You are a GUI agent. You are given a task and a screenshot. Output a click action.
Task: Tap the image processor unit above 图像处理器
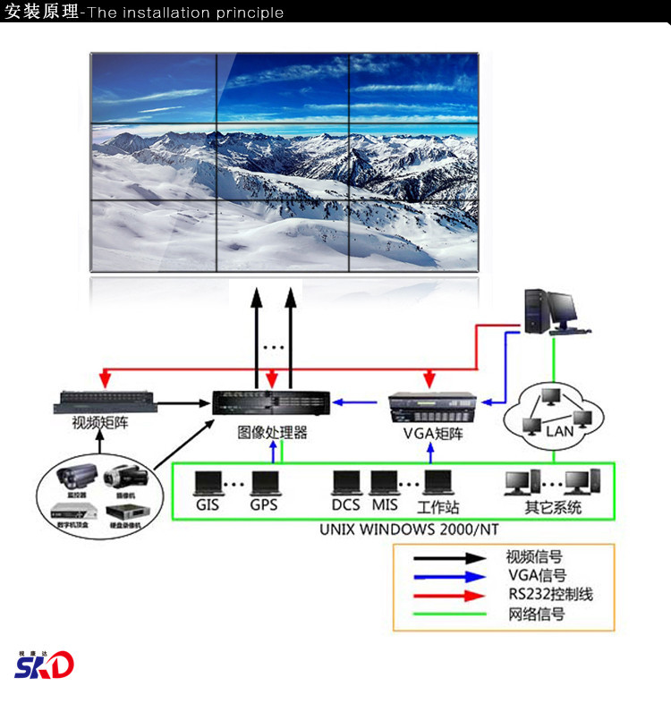point(272,403)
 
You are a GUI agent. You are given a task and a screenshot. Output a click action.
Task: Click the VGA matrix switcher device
point(431,410)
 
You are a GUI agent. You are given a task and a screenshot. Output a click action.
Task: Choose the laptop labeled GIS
point(208,483)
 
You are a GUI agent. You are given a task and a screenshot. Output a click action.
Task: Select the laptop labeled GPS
point(266,483)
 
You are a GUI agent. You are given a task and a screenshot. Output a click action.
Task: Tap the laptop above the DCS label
point(346,483)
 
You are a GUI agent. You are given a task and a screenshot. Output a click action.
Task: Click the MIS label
point(385,505)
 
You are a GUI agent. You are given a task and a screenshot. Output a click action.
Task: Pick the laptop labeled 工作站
point(438,483)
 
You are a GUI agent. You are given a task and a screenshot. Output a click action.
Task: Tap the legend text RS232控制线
point(550,595)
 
